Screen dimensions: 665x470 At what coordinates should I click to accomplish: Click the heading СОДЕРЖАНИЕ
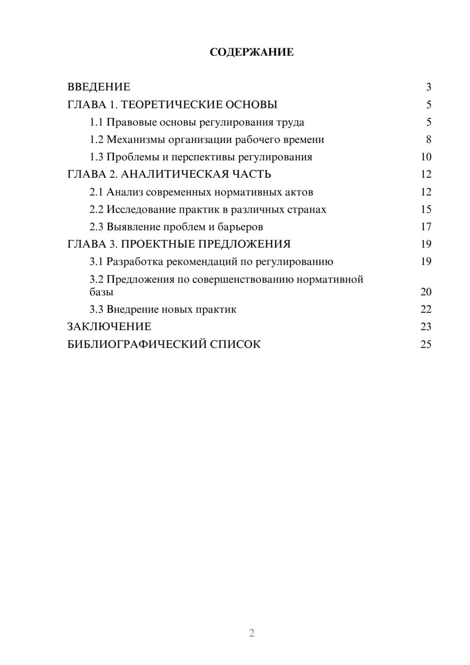pos(251,52)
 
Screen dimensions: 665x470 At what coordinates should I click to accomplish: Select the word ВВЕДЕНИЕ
pos(99,87)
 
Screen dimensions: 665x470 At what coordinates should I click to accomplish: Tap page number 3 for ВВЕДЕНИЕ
pos(428,87)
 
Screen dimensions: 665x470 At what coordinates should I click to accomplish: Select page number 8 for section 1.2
pos(428,140)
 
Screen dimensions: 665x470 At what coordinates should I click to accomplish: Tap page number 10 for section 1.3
pos(426,157)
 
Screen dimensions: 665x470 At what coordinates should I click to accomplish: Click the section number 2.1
pos(96,192)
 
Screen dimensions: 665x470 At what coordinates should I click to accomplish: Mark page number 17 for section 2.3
pos(426,227)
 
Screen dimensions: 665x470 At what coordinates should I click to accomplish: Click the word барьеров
pos(240,227)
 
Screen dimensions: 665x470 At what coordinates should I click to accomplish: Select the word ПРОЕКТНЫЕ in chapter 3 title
pos(159,244)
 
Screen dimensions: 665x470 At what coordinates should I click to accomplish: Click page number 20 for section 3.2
pos(426,292)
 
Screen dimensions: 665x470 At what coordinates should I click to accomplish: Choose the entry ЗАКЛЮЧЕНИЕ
pos(109,326)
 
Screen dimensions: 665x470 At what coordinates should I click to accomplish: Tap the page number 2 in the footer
pos(251,633)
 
